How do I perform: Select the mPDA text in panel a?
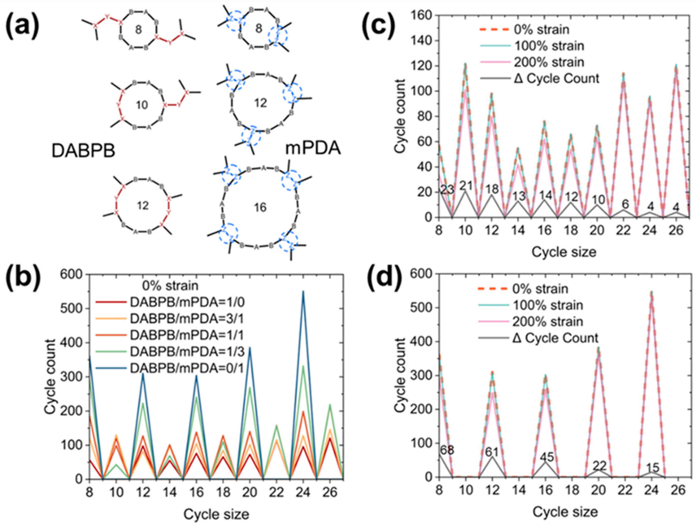tap(313, 148)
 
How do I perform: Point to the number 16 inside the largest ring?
tap(260, 208)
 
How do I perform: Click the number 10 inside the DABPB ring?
tap(142, 104)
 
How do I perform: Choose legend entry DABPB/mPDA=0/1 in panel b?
tap(187, 368)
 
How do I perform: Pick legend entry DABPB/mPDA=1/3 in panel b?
tap(187, 352)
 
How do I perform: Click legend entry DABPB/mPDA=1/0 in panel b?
tap(187, 303)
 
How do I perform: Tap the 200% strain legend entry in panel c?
tap(549, 62)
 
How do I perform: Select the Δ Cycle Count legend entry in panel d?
tap(555, 338)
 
